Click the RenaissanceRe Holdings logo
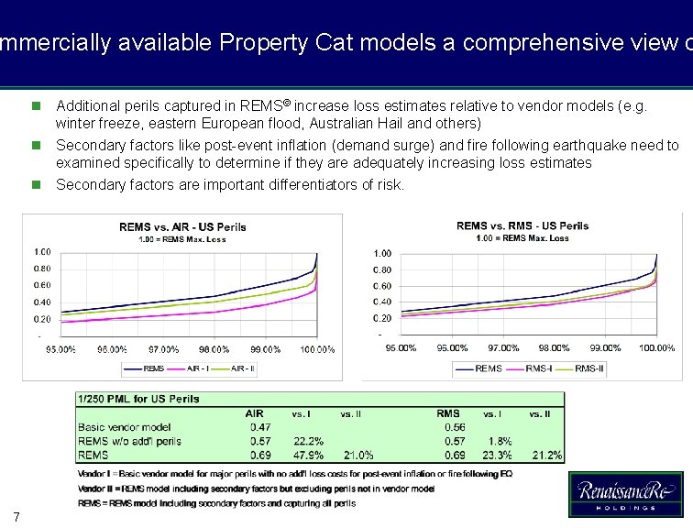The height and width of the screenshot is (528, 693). (x=625, y=495)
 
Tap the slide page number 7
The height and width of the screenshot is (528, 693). (x=16, y=514)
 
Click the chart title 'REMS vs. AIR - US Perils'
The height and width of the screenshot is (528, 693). (x=182, y=226)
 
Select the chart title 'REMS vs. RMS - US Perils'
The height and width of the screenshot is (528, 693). (x=522, y=225)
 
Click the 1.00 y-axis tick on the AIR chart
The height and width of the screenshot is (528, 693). (x=42, y=251)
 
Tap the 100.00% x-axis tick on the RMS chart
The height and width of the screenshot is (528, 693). (x=656, y=348)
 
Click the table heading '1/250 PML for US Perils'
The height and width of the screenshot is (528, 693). (x=138, y=399)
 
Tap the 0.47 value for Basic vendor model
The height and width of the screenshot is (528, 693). (x=259, y=427)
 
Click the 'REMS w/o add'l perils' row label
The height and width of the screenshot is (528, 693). (x=129, y=441)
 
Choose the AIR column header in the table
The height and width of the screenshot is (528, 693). (x=253, y=413)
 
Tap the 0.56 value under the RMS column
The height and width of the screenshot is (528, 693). (x=454, y=427)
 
